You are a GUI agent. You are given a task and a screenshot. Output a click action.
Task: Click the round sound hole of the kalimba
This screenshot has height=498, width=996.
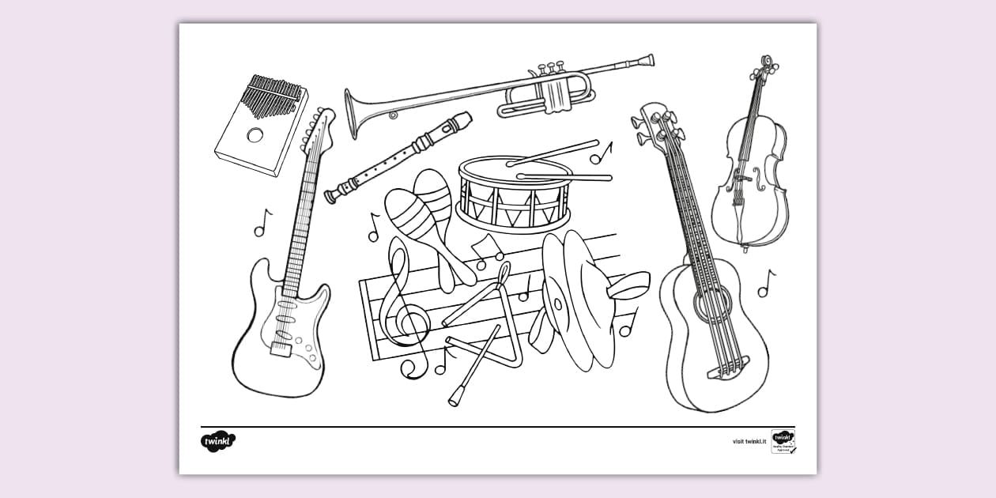(x=255, y=134)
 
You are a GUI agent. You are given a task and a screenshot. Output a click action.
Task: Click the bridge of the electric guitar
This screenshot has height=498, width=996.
(x=281, y=347)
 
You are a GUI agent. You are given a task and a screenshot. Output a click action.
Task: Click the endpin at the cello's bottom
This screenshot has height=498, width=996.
(x=745, y=247)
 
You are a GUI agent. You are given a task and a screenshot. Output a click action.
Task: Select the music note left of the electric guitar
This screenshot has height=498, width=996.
(x=262, y=223)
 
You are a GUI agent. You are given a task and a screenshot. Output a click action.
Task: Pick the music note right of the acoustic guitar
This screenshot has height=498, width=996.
(x=765, y=283)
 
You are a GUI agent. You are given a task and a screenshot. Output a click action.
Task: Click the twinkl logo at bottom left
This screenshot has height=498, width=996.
(x=217, y=440)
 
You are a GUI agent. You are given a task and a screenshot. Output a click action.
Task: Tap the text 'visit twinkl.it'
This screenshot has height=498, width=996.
(x=749, y=442)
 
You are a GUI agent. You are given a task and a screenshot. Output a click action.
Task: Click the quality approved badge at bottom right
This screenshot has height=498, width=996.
(x=783, y=441)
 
